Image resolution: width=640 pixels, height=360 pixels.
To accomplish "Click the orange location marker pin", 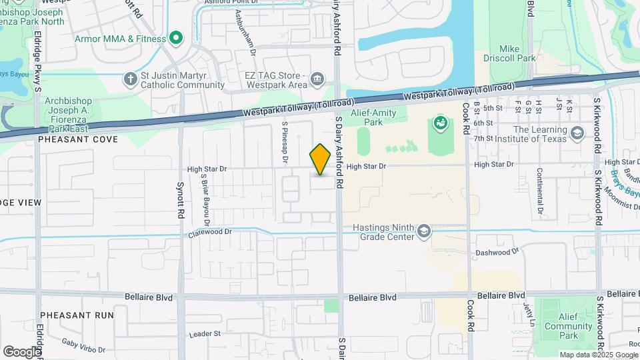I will tap(320, 159).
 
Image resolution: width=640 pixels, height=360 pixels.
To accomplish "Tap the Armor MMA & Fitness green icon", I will tap(176, 39).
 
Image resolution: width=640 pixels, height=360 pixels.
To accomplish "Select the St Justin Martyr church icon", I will tap(130, 80).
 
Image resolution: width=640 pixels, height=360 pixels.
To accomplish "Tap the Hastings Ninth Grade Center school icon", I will tap(424, 232).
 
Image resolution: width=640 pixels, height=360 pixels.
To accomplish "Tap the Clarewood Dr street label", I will tap(209, 233).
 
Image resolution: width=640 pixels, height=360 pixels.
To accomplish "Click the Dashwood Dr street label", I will tap(497, 253).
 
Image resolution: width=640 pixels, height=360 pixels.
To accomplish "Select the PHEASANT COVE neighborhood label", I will tap(78, 139).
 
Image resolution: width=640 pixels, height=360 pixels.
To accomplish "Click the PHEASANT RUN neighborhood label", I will tap(76, 314).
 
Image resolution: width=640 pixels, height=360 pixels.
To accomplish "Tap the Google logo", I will tap(22, 351).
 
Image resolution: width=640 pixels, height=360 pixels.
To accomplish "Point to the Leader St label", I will tap(205, 333).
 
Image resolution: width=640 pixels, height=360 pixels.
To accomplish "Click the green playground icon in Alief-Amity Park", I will tap(439, 123).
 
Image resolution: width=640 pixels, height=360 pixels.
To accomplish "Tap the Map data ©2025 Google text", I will tap(599, 355).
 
